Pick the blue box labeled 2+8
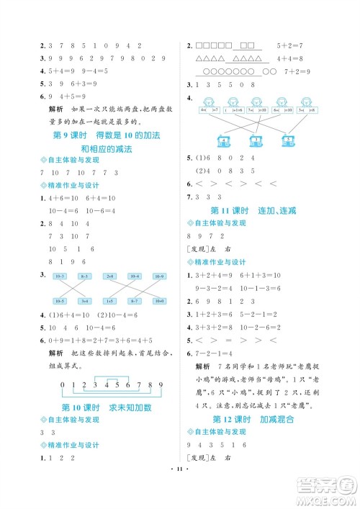click(109, 276)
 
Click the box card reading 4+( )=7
click(207, 110)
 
